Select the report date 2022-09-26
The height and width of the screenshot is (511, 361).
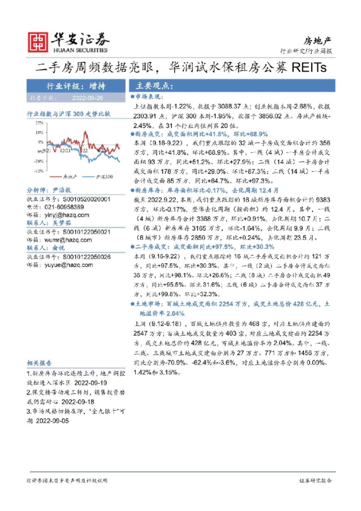coord(87,96)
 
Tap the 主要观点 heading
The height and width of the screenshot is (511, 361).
coord(154,86)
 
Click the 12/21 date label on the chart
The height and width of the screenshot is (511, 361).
coord(66,147)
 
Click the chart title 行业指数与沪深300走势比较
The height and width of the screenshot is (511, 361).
coord(69,113)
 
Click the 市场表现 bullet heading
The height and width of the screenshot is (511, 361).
coord(147,96)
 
